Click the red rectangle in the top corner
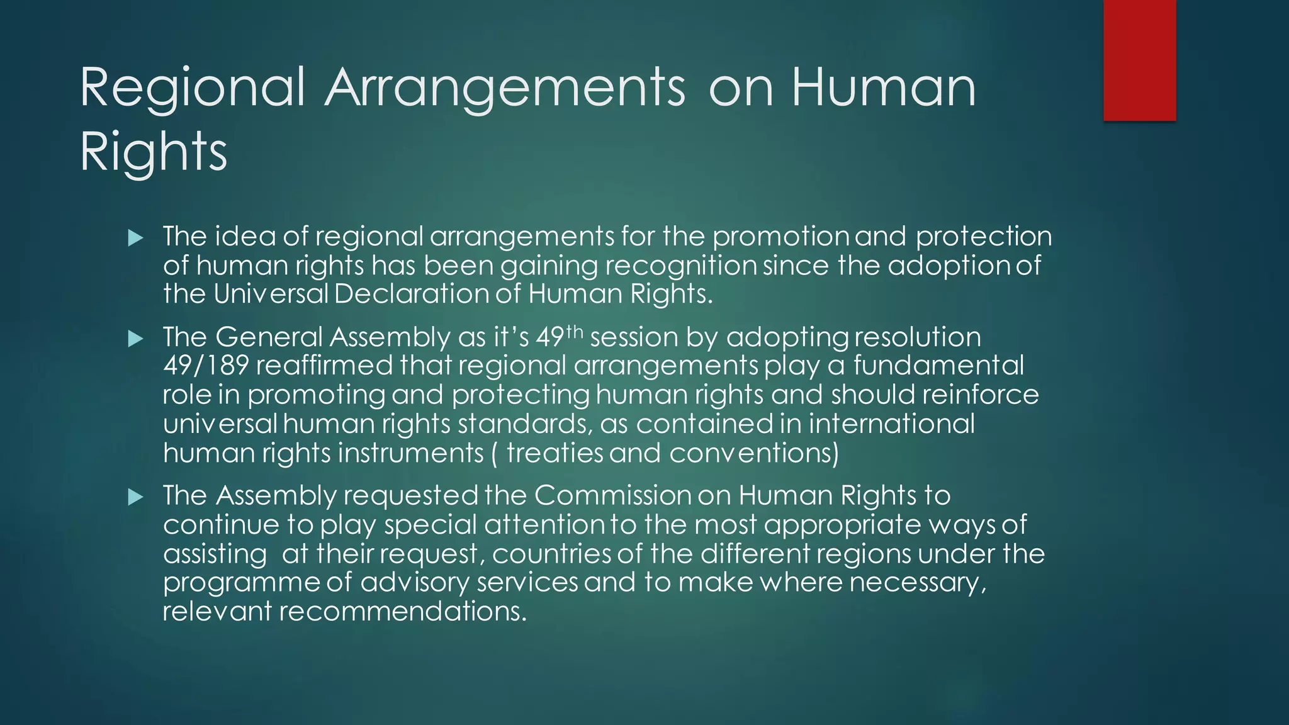point(1139,60)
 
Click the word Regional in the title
point(193,88)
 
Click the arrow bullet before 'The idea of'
point(135,238)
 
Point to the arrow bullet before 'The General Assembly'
point(135,339)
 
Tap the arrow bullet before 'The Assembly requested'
point(135,498)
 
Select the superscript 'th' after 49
point(575,331)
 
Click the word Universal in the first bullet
point(271,294)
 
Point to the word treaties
point(554,453)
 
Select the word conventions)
point(754,453)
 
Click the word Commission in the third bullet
point(613,496)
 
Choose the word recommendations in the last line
point(402,612)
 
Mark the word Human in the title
point(883,88)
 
